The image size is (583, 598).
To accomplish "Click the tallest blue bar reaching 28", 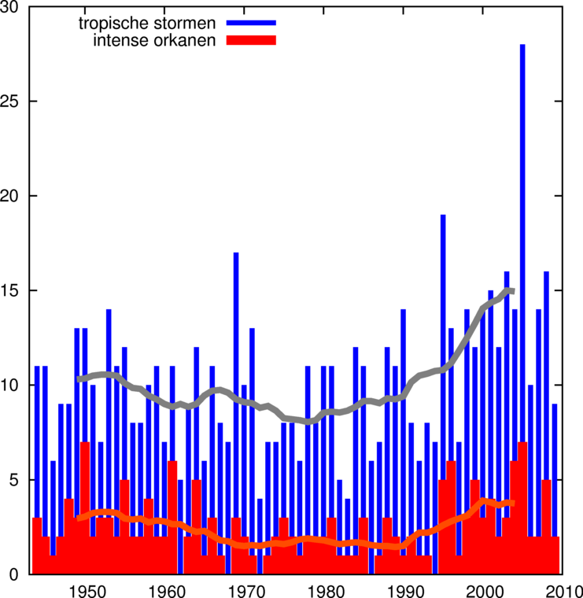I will coord(522,236).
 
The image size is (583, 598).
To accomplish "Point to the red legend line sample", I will coord(251,40).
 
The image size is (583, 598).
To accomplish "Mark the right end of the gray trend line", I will coord(513,291).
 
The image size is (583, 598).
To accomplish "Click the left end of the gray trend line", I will coord(79,379).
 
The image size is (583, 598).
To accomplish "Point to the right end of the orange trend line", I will coord(513,502).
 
